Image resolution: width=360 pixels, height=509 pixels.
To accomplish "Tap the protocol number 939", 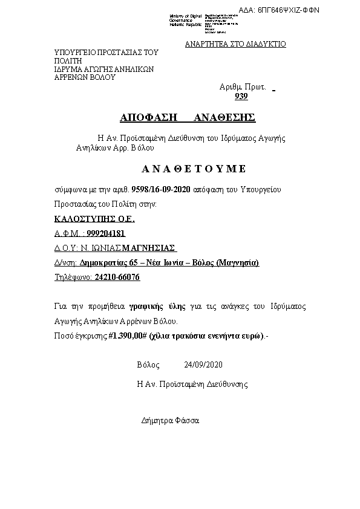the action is click(x=241, y=97).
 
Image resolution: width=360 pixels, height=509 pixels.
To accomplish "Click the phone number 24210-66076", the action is click(x=117, y=277).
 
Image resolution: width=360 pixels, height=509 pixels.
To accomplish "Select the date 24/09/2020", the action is click(x=203, y=365).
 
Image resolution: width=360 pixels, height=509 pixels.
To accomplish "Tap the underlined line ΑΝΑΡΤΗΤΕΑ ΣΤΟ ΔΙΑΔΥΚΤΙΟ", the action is click(x=235, y=44).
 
